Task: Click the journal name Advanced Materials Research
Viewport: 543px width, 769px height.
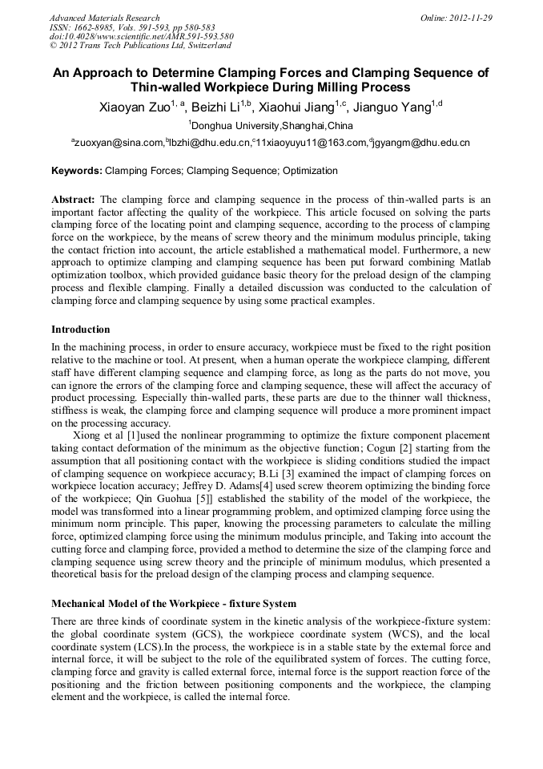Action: (104, 18)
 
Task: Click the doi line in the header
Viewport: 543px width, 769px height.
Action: (142, 36)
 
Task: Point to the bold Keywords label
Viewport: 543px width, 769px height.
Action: (77, 171)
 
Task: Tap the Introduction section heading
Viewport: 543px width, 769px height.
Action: (81, 330)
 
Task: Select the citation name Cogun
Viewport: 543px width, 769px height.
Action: (388, 447)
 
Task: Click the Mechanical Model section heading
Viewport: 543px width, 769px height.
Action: (174, 604)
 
